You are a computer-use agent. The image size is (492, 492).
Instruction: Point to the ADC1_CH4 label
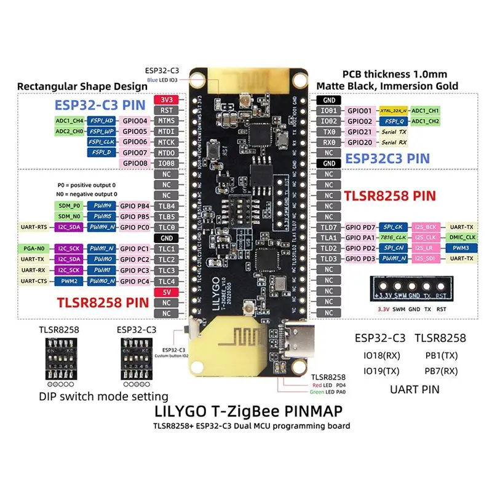69,121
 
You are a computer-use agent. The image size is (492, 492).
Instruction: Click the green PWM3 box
460,248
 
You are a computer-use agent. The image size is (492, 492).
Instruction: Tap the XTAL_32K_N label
394,110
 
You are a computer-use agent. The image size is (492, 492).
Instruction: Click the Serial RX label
394,142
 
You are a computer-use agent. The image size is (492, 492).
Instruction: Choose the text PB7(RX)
440,371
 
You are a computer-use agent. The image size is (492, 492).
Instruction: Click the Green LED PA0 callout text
328,392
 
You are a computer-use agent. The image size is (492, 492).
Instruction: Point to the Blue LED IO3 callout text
163,79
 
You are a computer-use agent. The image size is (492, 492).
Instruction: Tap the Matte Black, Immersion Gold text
387,85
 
